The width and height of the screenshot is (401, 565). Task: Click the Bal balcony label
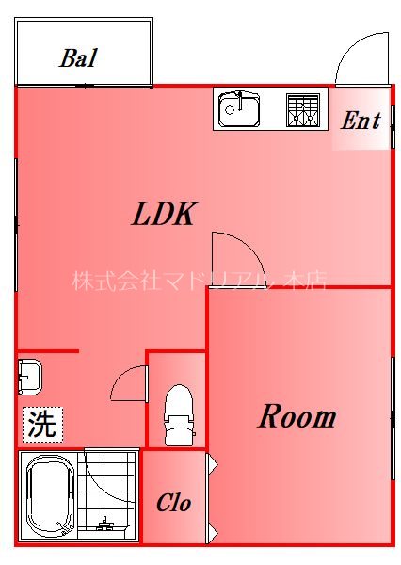pos(78,57)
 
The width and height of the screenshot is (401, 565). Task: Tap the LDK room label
pos(162,215)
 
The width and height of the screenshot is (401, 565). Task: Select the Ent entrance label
pos(360,121)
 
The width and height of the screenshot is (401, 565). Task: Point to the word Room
pos(297,416)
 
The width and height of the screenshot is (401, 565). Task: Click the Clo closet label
pos(173,504)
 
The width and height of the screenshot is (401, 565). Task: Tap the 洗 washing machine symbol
pos(41,424)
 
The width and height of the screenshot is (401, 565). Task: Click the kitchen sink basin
pos(239,109)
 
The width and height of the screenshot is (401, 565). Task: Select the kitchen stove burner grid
pos(303,110)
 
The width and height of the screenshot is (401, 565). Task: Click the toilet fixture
pos(178,414)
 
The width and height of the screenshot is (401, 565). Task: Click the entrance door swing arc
pos(360,58)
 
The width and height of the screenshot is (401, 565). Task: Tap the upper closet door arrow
pos(212,463)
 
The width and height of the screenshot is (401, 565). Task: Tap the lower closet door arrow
pos(212,531)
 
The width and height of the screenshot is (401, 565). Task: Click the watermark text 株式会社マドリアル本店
pos(198,281)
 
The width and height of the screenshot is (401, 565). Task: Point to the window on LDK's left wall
pos(16,226)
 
